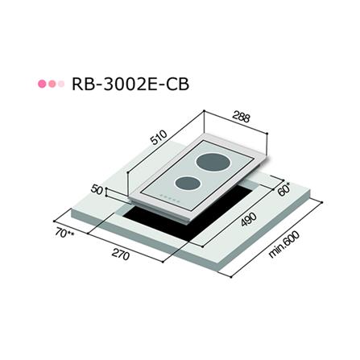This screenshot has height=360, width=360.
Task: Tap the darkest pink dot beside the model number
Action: (x=42, y=84)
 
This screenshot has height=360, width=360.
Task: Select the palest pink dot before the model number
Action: (x=60, y=84)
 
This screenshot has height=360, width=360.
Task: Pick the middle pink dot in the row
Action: (x=51, y=84)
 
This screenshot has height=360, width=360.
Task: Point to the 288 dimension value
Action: (x=239, y=116)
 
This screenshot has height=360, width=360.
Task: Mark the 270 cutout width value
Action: (x=120, y=258)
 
